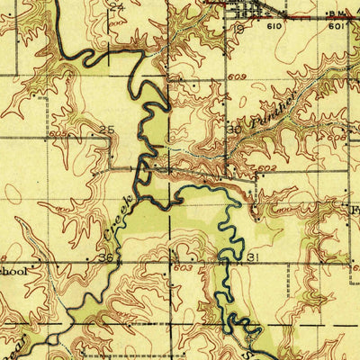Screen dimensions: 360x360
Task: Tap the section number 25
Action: pos(107,130)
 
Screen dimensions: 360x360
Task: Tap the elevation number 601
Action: pos(336,27)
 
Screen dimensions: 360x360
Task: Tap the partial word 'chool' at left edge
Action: pos(16,269)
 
